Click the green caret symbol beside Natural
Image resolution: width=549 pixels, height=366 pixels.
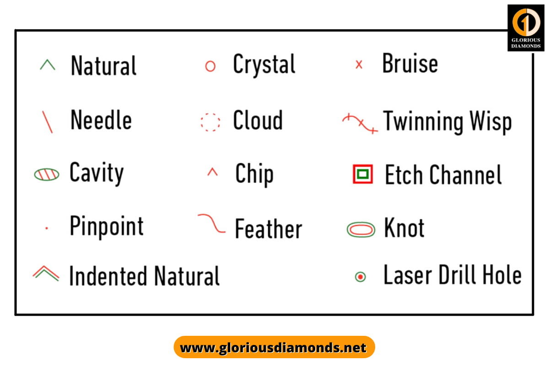[x=48, y=65]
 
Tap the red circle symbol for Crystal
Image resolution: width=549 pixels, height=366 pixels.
[x=210, y=66]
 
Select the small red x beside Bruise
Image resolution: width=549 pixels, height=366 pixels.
[x=359, y=65]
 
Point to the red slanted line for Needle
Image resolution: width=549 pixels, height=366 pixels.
[x=47, y=122]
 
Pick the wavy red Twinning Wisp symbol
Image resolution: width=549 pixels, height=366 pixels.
[x=360, y=124]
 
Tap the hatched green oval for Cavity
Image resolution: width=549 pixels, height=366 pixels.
[x=47, y=174]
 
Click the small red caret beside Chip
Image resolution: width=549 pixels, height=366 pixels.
[x=212, y=172]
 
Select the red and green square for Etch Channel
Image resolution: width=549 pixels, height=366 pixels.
[x=363, y=174]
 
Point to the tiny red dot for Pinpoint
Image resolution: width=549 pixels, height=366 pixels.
[x=47, y=227]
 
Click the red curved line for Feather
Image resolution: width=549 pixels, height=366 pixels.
[x=212, y=223]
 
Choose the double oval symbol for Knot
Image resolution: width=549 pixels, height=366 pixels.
[x=361, y=229]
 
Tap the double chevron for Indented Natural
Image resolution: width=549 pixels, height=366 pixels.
[x=46, y=273]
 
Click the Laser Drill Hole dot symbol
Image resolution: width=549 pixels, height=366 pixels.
[x=361, y=277]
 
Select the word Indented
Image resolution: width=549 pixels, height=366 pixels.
[x=108, y=276]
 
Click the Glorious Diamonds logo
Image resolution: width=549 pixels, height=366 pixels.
[x=526, y=27]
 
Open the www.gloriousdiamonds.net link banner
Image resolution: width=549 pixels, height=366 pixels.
[x=274, y=347]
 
